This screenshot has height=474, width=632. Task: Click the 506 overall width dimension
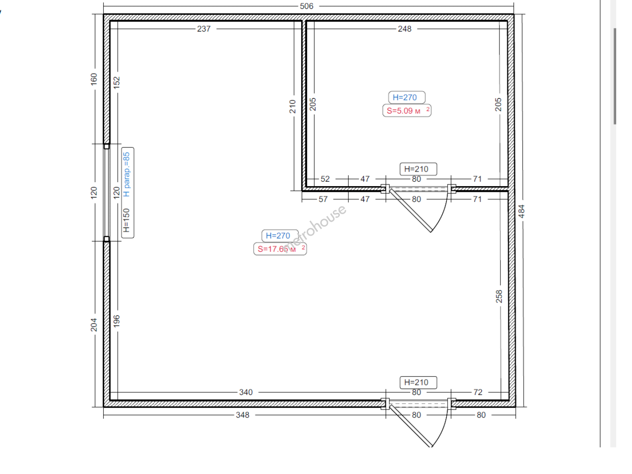tap(306, 6)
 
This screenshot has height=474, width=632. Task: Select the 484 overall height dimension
tap(521, 211)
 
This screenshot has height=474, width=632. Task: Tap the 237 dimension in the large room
tap(204, 29)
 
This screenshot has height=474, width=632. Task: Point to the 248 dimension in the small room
tap(404, 29)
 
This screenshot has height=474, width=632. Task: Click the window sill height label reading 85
tap(126, 174)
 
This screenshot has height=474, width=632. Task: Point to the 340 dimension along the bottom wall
tap(246, 392)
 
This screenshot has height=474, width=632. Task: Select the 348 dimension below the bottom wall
tap(242, 415)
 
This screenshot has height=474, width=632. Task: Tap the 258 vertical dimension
tap(499, 296)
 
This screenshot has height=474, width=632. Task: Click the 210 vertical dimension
tap(293, 107)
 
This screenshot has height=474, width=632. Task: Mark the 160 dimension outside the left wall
tap(94, 79)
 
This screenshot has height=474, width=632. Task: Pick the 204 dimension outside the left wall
tap(94, 325)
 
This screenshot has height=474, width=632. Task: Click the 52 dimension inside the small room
tap(325, 179)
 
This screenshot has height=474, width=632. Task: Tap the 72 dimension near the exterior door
tap(478, 392)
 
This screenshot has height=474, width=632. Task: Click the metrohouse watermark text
tap(314, 229)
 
